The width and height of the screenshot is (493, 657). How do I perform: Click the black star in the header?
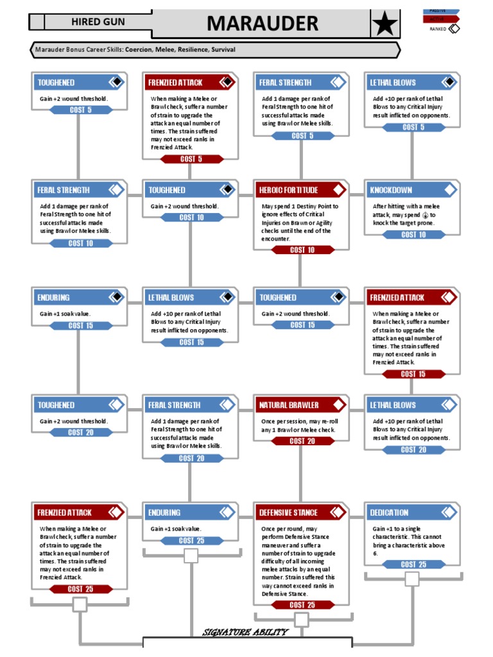pyautogui.click(x=385, y=24)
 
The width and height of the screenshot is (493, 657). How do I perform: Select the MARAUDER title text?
pyautogui.click(x=263, y=24)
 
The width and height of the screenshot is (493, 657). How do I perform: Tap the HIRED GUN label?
pyautogui.click(x=98, y=22)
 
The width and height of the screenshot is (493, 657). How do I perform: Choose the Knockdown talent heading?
pyautogui.click(x=391, y=191)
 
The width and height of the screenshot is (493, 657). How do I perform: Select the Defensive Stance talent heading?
pyautogui.click(x=288, y=513)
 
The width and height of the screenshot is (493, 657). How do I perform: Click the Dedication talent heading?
pyautogui.click(x=389, y=513)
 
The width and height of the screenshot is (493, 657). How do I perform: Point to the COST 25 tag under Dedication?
pyautogui.click(x=413, y=565)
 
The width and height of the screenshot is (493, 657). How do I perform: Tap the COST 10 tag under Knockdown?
pyautogui.click(x=413, y=235)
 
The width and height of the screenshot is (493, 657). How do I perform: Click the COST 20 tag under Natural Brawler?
pyautogui.click(x=302, y=441)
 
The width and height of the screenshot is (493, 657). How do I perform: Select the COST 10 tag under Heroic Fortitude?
pyautogui.click(x=302, y=250)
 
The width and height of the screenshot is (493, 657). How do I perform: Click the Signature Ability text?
pyautogui.click(x=245, y=633)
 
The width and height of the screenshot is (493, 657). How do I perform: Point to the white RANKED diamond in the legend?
pyautogui.click(x=454, y=29)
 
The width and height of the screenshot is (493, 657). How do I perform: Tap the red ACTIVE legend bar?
pyautogui.click(x=441, y=19)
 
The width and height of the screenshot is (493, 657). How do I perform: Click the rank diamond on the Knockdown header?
pyautogui.click(x=447, y=190)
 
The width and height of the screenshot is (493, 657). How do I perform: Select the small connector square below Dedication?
pyautogui.click(x=411, y=579)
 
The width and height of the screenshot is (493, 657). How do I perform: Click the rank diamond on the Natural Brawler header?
pyautogui.click(x=337, y=405)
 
